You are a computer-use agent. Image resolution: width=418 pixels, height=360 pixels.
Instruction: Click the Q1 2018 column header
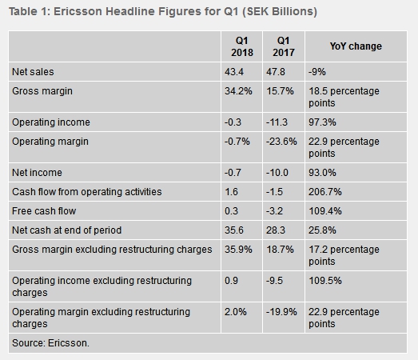[242, 46]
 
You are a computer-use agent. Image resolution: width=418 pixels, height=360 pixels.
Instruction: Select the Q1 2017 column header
[284, 46]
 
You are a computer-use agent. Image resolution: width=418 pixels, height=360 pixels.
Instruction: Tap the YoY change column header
[356, 46]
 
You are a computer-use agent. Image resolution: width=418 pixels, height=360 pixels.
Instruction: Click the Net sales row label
[33, 72]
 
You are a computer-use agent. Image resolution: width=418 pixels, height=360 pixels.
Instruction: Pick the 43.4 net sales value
[234, 72]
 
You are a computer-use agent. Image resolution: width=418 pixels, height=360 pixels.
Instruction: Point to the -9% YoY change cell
[317, 72]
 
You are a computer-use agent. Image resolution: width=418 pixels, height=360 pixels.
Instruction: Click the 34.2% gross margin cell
[238, 91]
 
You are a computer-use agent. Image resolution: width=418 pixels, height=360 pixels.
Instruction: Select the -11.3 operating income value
[277, 122]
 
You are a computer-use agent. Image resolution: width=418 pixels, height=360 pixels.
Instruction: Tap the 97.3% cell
[322, 122]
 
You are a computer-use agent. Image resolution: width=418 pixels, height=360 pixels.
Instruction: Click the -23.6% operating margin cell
[281, 142]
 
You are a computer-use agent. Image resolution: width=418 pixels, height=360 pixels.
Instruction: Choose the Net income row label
[37, 173]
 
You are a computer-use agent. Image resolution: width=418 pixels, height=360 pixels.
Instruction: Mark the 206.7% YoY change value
[325, 192]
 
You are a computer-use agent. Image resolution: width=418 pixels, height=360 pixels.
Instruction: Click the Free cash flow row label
[44, 211]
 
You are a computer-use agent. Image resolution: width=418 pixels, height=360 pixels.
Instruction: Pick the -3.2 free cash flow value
[274, 211]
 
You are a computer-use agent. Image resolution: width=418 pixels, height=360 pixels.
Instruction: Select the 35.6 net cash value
[234, 230]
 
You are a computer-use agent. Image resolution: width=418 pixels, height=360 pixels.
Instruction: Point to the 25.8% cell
[322, 230]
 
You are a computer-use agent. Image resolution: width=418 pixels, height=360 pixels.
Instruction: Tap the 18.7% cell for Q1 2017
[280, 250]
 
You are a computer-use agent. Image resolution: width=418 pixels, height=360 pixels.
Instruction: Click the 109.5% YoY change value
[325, 281]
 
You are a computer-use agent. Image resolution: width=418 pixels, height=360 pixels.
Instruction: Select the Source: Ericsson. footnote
[50, 343]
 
